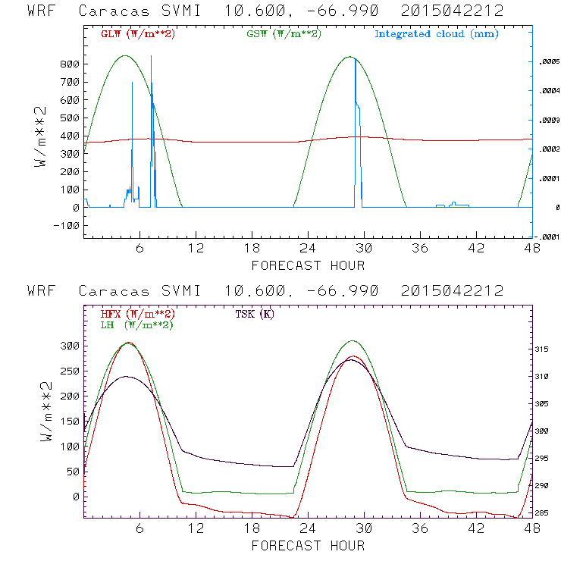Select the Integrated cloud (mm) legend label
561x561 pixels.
(436, 34)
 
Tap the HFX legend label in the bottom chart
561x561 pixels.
(137, 314)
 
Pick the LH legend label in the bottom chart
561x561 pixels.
(136, 324)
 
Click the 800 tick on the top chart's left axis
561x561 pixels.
(69, 64)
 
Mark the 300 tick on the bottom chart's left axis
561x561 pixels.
(69, 346)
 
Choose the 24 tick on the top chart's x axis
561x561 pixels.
(308, 248)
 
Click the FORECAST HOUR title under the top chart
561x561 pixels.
(308, 265)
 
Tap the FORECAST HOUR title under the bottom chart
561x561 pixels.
(308, 545)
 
